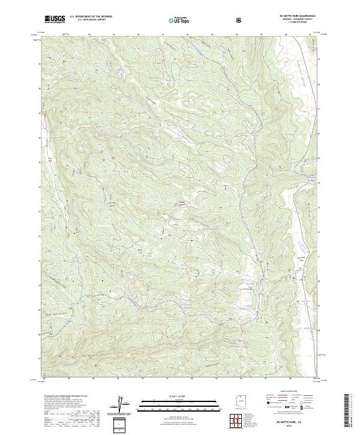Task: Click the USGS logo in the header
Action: pos(55,19)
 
